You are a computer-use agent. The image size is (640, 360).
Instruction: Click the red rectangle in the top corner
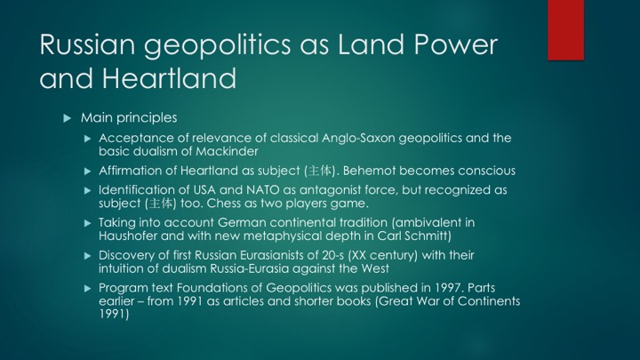pyautogui.click(x=565, y=30)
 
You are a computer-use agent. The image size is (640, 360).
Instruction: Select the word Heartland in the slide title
pyautogui.click(x=169, y=78)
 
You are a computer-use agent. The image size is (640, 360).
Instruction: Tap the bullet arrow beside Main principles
pyautogui.click(x=68, y=118)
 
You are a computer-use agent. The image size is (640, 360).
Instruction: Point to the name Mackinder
pyautogui.click(x=227, y=151)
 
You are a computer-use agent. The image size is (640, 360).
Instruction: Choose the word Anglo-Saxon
pyautogui.click(x=358, y=138)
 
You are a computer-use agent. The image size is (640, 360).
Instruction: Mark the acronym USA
pyautogui.click(x=204, y=190)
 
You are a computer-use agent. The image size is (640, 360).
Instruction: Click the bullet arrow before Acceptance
pyautogui.click(x=87, y=139)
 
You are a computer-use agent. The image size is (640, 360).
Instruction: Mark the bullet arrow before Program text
pyautogui.click(x=87, y=289)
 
